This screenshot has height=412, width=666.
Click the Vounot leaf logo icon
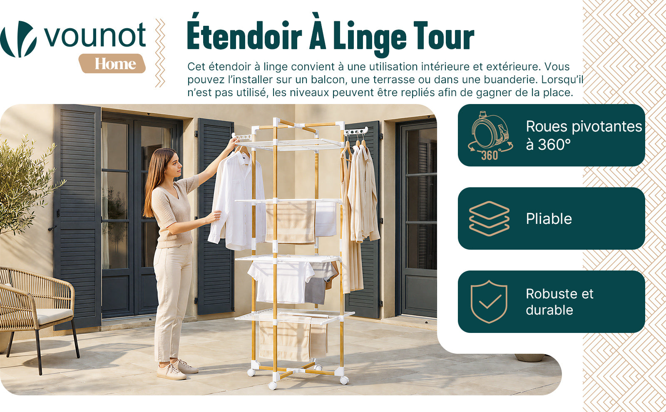18,39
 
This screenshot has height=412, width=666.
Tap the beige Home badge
112,63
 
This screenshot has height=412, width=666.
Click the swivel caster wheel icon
490,136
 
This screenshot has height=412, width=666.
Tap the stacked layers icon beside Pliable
489,218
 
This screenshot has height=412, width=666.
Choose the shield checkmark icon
489,302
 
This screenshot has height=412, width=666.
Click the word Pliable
549,219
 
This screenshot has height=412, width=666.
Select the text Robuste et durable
559,302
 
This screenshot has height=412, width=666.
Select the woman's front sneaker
171,372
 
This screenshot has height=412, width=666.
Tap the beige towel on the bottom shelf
284,340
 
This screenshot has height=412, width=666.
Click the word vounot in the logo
95,35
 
